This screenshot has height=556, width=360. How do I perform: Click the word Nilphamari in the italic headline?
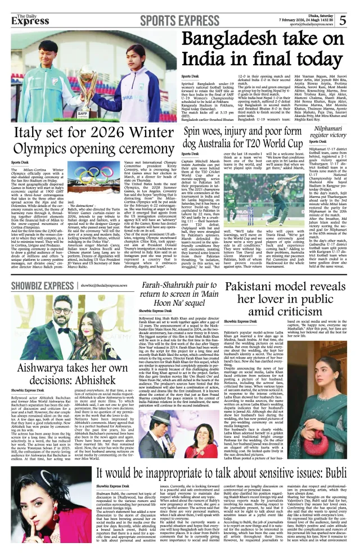326,129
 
